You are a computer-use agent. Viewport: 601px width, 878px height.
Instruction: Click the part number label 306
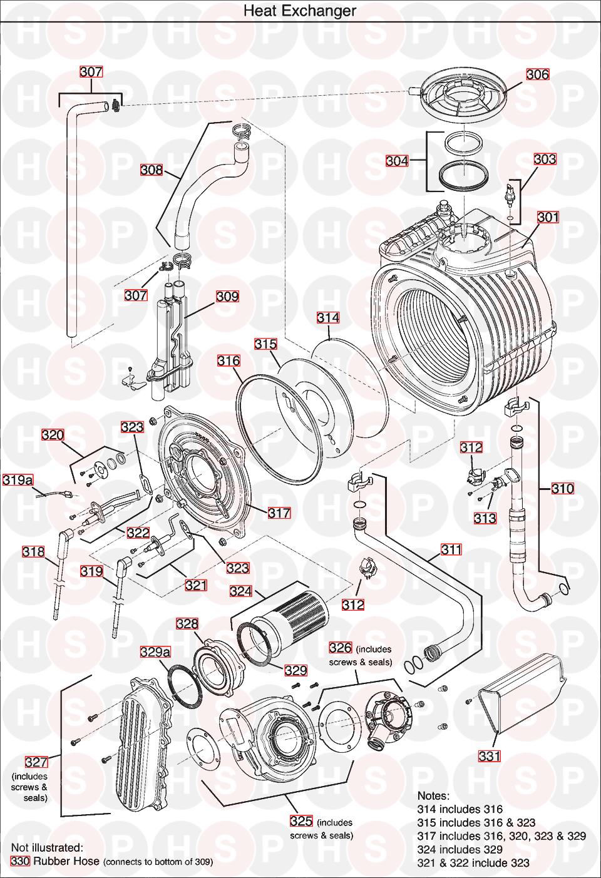[538, 74]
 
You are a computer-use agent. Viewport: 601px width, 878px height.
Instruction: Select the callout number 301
[548, 217]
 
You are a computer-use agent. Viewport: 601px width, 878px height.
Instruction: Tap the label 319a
[18, 479]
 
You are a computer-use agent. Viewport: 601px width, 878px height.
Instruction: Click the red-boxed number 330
[19, 860]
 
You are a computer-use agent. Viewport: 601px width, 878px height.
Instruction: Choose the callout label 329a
[156, 651]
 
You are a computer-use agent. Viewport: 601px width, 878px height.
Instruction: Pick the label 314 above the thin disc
[328, 317]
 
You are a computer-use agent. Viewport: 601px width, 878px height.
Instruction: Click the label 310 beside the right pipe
[563, 488]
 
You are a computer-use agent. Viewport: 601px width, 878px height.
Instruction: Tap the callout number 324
[241, 591]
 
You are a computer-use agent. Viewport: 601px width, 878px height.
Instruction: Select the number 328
[187, 623]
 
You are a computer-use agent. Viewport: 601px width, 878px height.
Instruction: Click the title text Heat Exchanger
[300, 11]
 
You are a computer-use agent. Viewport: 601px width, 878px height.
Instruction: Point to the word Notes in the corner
[433, 795]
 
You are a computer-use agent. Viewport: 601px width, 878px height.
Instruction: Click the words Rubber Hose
[66, 860]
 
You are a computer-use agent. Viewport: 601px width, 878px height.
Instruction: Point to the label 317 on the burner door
[279, 513]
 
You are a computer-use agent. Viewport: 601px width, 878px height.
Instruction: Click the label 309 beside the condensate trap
[228, 296]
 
